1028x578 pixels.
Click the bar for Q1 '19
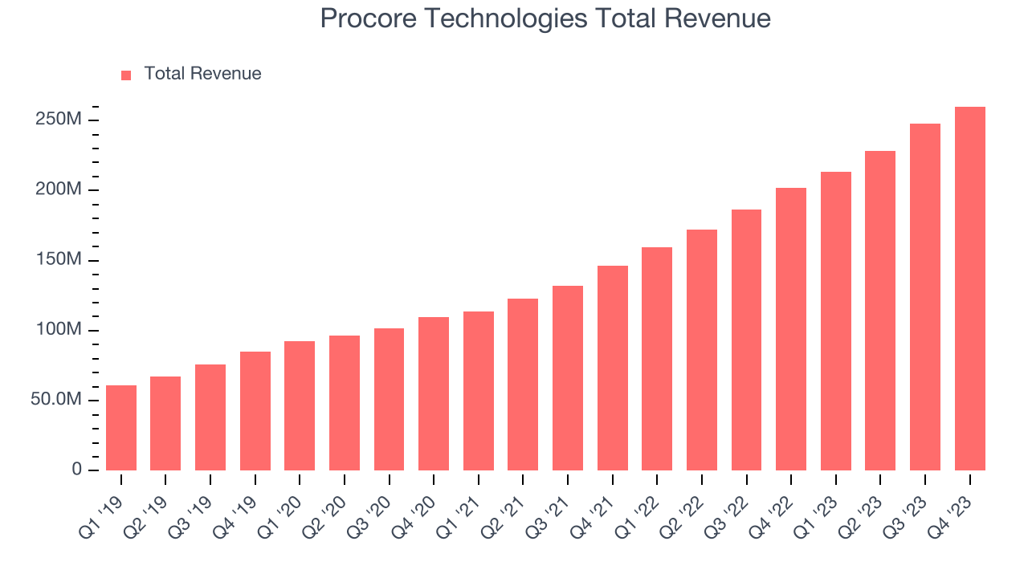(121, 428)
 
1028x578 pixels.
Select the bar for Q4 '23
(969, 288)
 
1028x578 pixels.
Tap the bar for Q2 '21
(523, 385)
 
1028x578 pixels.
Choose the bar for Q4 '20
(434, 393)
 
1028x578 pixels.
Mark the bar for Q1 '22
(657, 359)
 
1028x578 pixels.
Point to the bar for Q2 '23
(880, 311)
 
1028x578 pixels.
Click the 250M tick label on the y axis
(59, 120)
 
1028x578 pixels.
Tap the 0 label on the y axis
(76, 470)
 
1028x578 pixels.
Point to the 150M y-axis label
(59, 260)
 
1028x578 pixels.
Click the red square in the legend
(126, 75)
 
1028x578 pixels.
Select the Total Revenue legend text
(202, 74)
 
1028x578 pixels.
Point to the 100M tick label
(59, 330)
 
